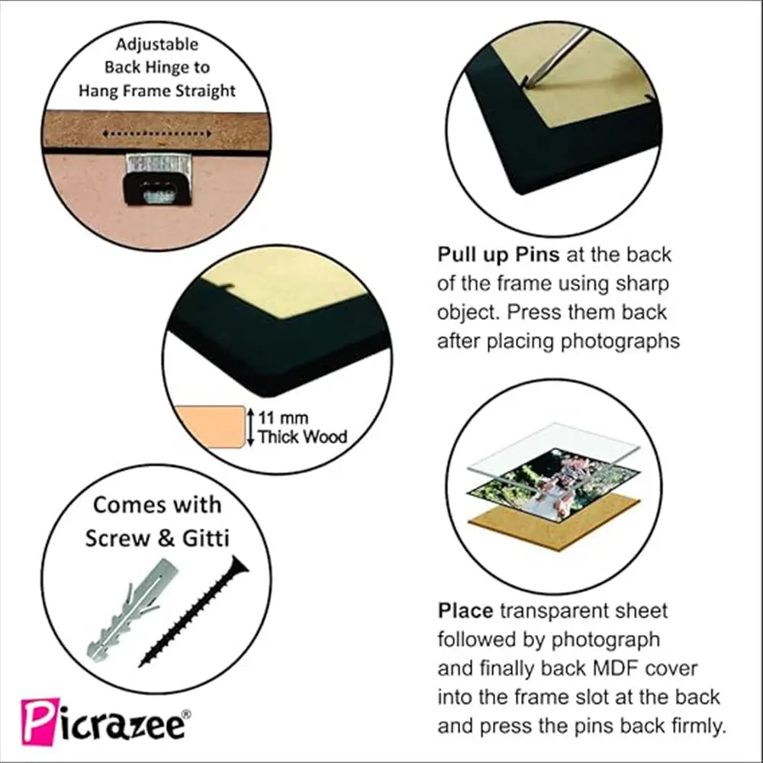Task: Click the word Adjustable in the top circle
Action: click(x=156, y=44)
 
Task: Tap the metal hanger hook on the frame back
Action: click(x=157, y=179)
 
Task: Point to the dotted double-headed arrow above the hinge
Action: click(x=157, y=134)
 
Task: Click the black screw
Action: click(x=194, y=611)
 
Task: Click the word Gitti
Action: click(x=205, y=538)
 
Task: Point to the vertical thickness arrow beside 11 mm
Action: click(x=250, y=427)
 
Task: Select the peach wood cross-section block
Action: click(x=211, y=427)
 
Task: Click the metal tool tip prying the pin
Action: click(x=536, y=79)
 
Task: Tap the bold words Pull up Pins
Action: click(x=498, y=255)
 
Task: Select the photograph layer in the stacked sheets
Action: click(x=553, y=488)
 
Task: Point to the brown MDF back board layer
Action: click(x=554, y=524)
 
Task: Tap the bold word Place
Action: click(x=465, y=610)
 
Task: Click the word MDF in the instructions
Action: click(x=615, y=668)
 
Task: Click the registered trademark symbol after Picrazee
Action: click(x=186, y=714)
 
